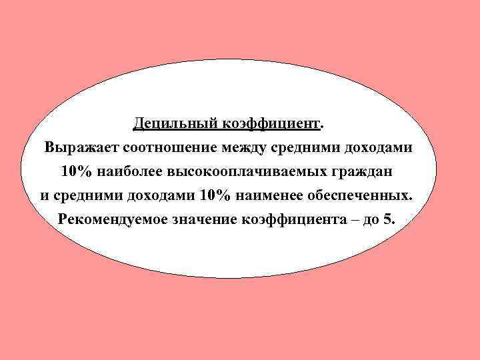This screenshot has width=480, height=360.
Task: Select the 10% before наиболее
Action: pyautogui.click(x=77, y=172)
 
